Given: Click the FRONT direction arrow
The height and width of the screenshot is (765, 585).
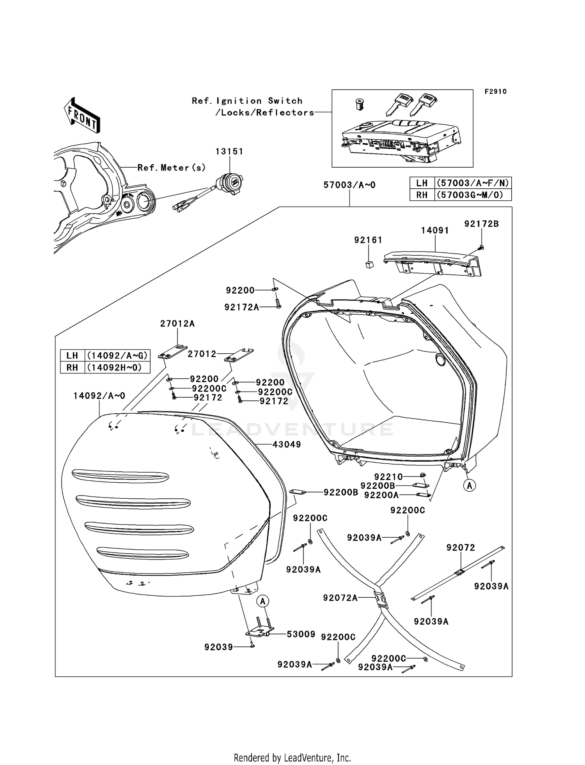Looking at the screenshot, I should click(x=82, y=116).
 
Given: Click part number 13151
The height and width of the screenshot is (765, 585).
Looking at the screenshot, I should click(x=229, y=151).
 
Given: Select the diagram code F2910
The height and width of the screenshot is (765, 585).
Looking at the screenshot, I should click(x=495, y=92).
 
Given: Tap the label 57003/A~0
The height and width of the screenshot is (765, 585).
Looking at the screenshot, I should click(x=349, y=185).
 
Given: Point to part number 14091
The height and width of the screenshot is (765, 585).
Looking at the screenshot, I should click(x=435, y=230).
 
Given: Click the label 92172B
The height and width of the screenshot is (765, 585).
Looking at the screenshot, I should click(x=481, y=224).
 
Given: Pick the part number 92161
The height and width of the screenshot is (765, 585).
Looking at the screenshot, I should click(x=368, y=240).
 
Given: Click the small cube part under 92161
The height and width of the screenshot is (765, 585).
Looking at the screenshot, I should click(x=369, y=265).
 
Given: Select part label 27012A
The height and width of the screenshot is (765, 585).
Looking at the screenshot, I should click(x=177, y=324).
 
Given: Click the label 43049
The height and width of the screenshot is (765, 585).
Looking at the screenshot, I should click(x=287, y=444).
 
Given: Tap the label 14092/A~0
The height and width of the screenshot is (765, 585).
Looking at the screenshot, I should click(x=99, y=396).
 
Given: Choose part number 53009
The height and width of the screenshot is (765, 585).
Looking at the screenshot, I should click(x=301, y=634).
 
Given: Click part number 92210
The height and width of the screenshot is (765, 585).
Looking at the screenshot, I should click(x=388, y=476).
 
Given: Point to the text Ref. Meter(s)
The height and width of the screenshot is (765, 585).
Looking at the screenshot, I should click(x=171, y=168).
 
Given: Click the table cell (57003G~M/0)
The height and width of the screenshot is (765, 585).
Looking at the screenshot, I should click(x=473, y=195).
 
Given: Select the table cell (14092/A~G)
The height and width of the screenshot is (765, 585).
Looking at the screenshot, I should click(x=117, y=356).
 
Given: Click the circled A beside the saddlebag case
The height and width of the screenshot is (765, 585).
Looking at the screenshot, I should click(x=470, y=485).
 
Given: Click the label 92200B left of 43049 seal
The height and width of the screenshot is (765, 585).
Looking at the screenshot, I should click(x=340, y=492).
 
